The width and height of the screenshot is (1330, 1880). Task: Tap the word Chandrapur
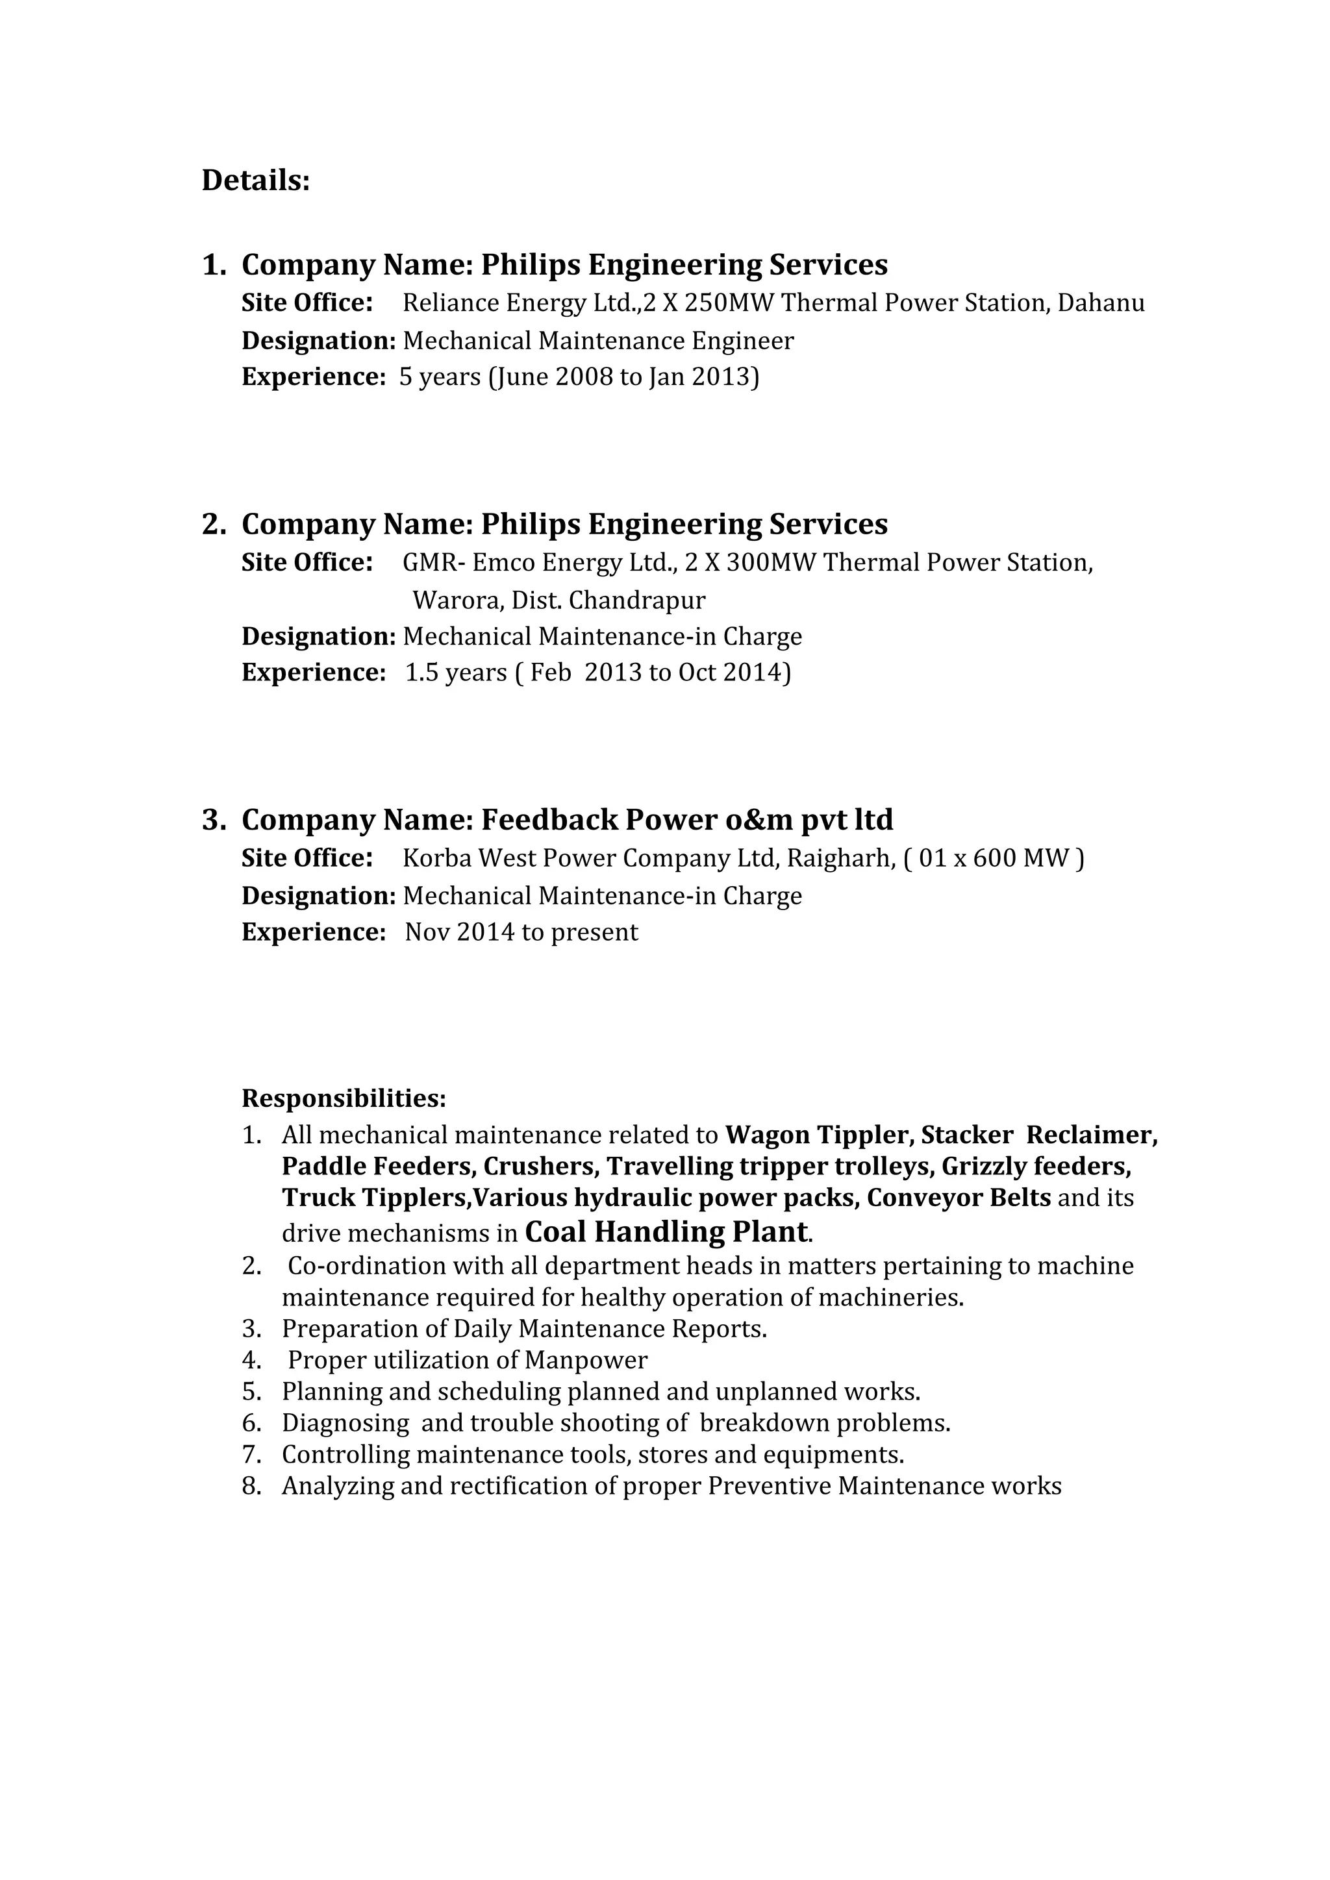pos(636,601)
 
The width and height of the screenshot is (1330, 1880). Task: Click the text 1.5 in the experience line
pos(421,673)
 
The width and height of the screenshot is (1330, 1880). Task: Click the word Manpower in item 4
pos(586,1360)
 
